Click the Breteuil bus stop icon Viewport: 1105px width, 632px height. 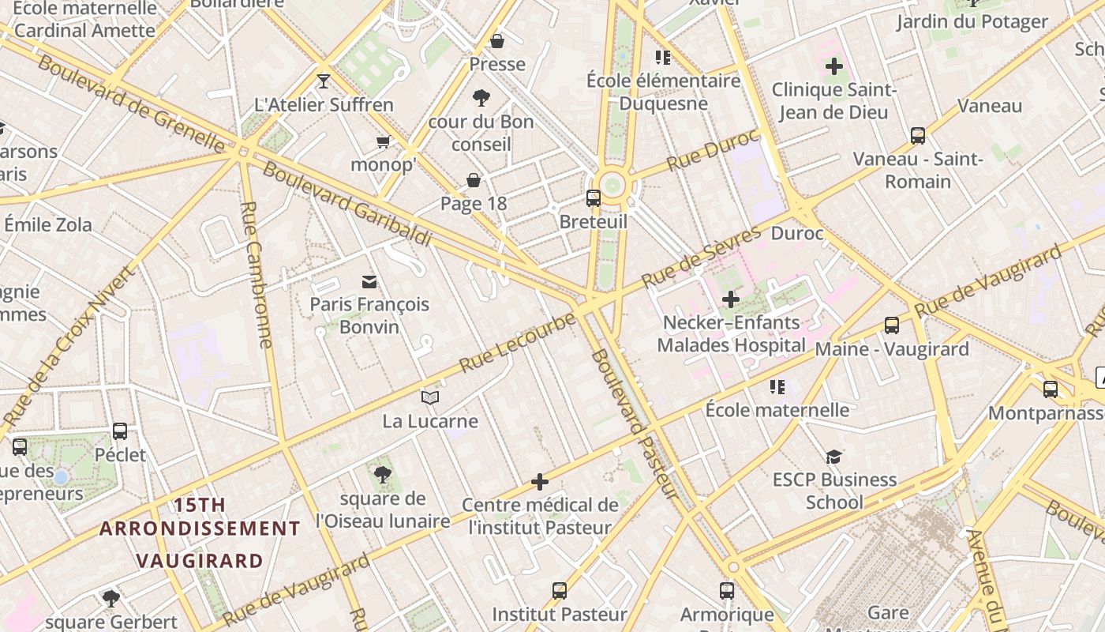pyautogui.click(x=593, y=198)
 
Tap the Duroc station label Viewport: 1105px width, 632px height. pyautogui.click(x=796, y=234)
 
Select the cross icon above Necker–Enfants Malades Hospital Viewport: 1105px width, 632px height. pyautogui.click(x=731, y=299)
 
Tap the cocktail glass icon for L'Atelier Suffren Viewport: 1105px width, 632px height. pyautogui.click(x=323, y=81)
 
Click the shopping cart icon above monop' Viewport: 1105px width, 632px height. pyautogui.click(x=384, y=142)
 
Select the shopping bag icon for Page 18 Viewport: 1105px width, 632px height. pyautogui.click(x=474, y=181)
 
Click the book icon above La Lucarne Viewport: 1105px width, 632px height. pyautogui.click(x=429, y=397)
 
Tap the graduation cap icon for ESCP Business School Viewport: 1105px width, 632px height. pyautogui.click(x=833, y=457)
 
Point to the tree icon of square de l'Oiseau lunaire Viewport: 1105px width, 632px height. pyautogui.click(x=383, y=474)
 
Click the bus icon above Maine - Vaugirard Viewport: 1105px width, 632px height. pyautogui.click(x=892, y=325)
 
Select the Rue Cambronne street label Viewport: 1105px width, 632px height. pyautogui.click(x=259, y=274)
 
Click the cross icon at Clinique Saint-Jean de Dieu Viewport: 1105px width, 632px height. pyautogui.click(x=833, y=66)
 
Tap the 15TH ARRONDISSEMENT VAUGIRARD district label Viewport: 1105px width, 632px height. pyautogui.click(x=200, y=532)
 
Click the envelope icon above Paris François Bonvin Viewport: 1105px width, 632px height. pyautogui.click(x=369, y=282)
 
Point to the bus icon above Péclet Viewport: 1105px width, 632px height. pyautogui.click(x=120, y=431)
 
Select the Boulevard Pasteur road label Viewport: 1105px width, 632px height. pyautogui.click(x=635, y=424)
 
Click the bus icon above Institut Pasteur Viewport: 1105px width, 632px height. pyautogui.click(x=559, y=590)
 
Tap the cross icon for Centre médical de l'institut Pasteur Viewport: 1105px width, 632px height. pyautogui.click(x=540, y=481)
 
